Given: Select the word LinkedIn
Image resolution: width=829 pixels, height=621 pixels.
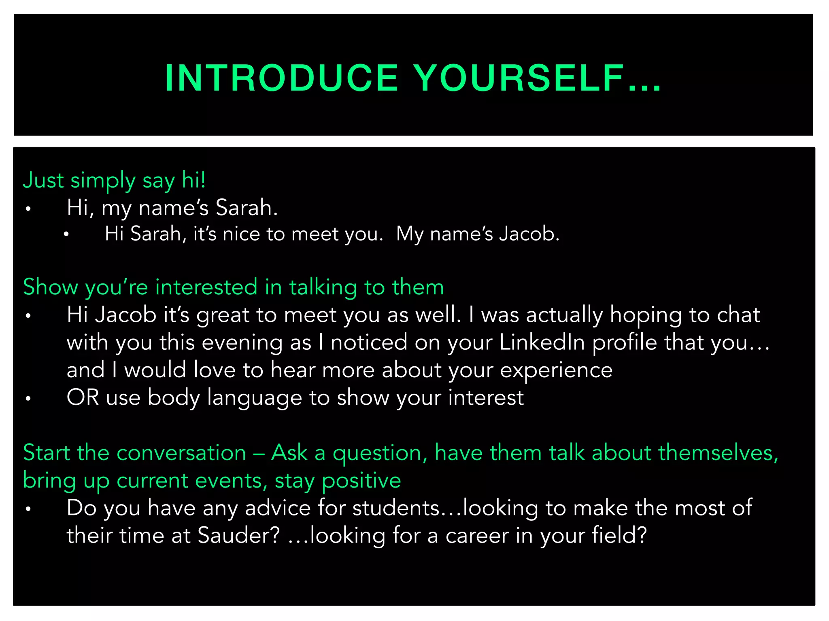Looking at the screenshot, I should pos(542,342).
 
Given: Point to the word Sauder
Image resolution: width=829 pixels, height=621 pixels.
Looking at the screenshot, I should pos(238,535).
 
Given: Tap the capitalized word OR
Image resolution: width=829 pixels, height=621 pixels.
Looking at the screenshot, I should pos(83,397).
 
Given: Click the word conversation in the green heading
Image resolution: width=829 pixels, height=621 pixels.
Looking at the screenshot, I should pos(181,452).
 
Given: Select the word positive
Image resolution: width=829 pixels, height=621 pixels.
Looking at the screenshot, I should pos(361,481).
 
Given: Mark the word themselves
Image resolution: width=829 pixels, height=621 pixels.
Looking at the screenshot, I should pos(718,452).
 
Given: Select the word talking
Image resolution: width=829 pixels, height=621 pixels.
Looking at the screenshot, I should pos(323,288).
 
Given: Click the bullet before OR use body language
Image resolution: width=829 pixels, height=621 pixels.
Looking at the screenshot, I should pos(28,399).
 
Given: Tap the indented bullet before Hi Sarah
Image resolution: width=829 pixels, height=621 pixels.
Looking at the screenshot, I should pos(66,234).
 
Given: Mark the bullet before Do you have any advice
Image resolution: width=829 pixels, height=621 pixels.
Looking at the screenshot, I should pos(28,509).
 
